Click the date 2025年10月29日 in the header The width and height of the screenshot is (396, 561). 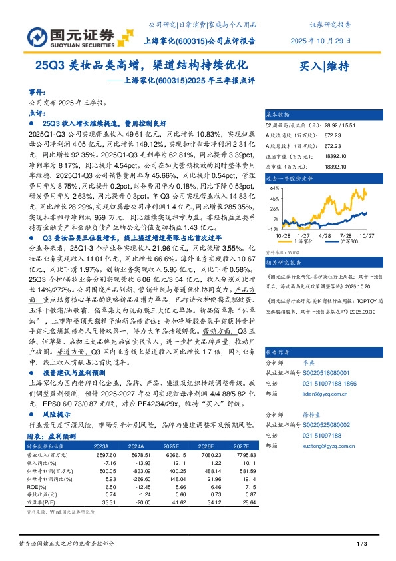321,41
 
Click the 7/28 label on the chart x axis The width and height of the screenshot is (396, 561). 345,235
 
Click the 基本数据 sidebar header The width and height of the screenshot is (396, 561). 280,115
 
